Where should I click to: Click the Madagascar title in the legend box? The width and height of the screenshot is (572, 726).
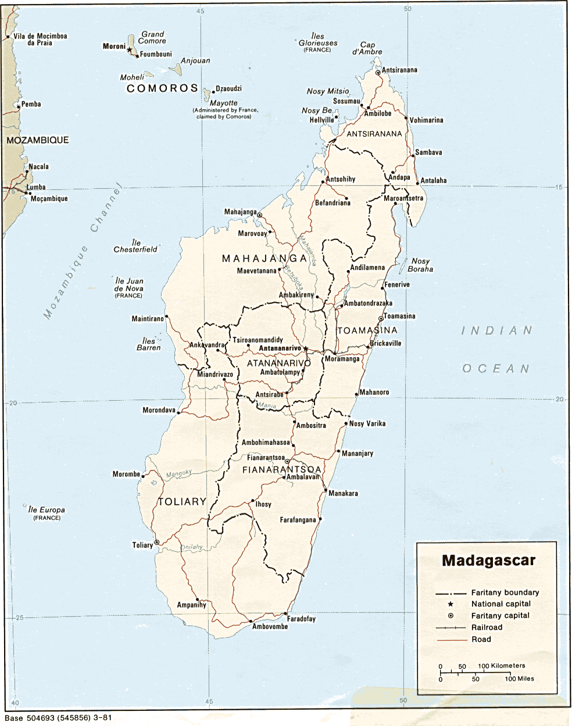point(488,560)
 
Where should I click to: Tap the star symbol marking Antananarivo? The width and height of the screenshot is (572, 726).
point(306,349)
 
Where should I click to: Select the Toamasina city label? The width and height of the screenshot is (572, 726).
point(400,316)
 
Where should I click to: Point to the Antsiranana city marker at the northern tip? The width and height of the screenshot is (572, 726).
point(378,73)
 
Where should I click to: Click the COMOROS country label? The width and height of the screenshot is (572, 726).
point(163,88)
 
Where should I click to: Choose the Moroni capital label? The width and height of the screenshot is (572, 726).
point(114,46)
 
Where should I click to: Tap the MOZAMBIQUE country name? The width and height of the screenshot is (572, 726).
point(38,140)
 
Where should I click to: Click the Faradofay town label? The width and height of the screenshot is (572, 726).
point(301,619)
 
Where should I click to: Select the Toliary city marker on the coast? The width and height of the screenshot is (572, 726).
point(156,542)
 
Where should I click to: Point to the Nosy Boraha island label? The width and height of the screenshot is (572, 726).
point(420,265)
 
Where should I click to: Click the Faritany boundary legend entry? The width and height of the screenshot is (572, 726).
point(505,592)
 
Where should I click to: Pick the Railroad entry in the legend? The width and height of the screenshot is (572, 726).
point(487,627)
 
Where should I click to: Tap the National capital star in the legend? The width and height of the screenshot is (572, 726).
point(451,604)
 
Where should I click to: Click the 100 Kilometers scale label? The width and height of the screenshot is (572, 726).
point(501,666)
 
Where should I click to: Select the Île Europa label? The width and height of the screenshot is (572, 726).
point(47,510)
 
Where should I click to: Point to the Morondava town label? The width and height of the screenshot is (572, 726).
point(159,410)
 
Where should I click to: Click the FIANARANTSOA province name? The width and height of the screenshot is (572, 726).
point(282,469)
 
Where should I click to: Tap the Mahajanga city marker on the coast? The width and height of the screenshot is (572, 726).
point(260,215)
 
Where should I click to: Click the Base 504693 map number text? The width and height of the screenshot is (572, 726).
point(58,718)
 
